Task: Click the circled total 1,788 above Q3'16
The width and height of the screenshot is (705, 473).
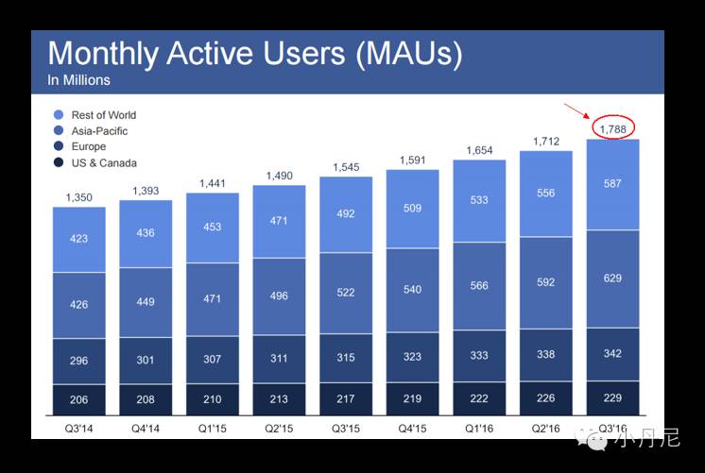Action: tap(612, 127)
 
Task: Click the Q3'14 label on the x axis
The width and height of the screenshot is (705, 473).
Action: tap(78, 428)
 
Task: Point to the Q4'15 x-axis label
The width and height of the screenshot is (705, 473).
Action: tap(412, 428)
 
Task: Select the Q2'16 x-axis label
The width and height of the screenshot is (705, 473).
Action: tap(546, 428)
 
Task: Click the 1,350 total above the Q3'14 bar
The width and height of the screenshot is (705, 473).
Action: tap(78, 197)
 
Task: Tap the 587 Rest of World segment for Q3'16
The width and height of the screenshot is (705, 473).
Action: tap(612, 184)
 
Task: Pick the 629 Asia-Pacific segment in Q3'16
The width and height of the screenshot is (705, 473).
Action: tap(612, 279)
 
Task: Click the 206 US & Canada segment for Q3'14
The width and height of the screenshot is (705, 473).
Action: tap(78, 399)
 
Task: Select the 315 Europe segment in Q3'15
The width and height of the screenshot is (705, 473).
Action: tap(346, 356)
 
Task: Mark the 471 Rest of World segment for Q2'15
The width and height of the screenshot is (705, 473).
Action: tap(279, 221)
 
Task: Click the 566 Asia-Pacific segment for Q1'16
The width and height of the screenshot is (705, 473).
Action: tap(479, 285)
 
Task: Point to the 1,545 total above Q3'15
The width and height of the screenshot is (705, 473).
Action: tap(346, 168)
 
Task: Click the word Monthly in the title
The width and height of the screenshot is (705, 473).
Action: tap(101, 54)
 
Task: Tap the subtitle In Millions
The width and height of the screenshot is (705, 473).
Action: tap(78, 80)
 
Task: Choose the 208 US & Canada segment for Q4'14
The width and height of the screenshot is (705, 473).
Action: tap(146, 399)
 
